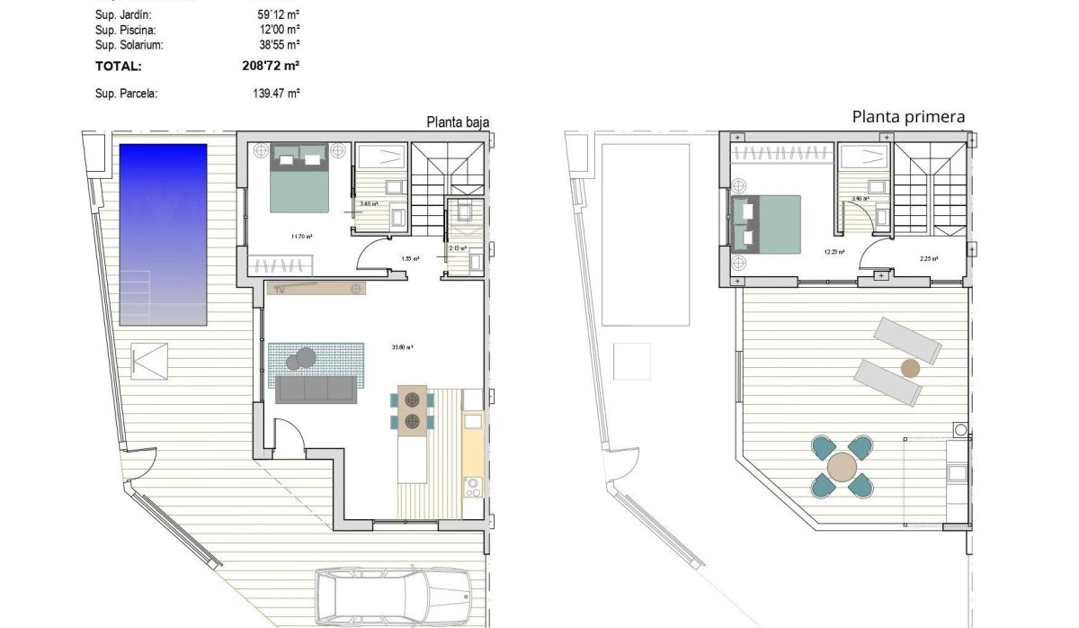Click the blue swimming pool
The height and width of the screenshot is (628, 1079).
click(163, 234)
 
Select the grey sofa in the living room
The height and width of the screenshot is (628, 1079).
click(316, 390)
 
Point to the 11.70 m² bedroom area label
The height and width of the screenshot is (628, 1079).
click(301, 237)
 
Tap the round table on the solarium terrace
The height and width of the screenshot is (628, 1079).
click(843, 468)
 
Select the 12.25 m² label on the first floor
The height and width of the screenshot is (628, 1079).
click(834, 252)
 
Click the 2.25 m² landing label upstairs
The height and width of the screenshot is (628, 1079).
click(930, 258)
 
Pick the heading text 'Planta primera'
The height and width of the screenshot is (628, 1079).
click(908, 116)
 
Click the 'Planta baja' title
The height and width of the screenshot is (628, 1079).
click(458, 123)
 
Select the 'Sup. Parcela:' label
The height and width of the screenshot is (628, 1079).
click(126, 93)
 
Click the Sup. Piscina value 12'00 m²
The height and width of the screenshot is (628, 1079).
click(278, 30)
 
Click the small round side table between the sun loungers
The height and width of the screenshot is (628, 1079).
click(910, 367)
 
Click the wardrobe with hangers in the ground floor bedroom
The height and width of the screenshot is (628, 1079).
click(281, 265)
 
